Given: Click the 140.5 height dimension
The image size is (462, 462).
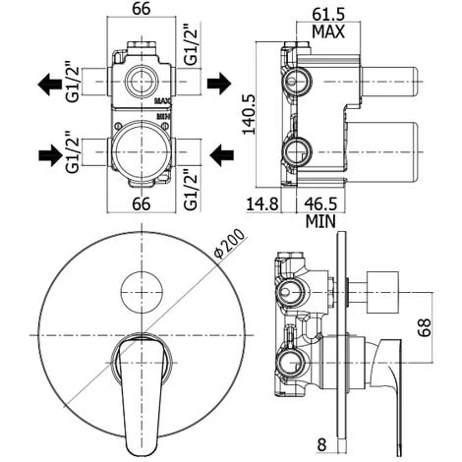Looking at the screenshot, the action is (249, 114).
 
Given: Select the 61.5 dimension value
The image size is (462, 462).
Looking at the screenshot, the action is (328, 15).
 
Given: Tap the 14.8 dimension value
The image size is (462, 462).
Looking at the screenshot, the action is (262, 203).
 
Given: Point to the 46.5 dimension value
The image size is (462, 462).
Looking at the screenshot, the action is (320, 203).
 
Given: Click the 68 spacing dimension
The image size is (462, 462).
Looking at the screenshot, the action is (426, 327).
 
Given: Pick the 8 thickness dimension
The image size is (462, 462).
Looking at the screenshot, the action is (322, 444).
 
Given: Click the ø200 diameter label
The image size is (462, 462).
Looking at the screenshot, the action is (229, 243).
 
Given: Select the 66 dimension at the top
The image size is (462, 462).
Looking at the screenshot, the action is (142, 9).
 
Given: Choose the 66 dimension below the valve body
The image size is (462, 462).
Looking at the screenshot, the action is (142, 203).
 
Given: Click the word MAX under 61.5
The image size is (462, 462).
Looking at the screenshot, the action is (328, 31).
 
